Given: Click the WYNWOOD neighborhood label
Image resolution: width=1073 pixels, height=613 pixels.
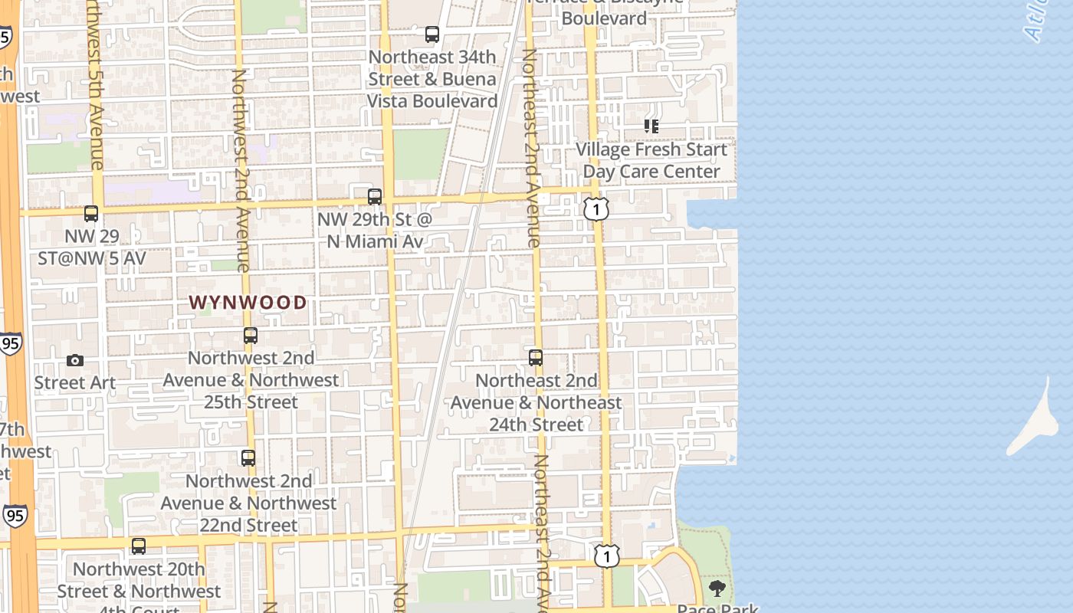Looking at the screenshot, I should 248,303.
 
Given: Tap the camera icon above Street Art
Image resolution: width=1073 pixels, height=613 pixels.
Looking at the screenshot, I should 75,360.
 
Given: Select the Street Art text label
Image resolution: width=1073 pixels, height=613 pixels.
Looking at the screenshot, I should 75,382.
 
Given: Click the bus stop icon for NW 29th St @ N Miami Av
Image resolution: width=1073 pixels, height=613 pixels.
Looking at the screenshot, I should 375,196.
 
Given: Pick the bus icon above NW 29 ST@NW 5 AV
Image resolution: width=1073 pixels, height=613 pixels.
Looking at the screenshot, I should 91,214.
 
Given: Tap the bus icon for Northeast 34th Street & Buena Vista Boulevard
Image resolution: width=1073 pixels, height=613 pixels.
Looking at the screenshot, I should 432,34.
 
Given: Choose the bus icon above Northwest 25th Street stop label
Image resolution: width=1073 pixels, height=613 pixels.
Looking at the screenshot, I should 251,335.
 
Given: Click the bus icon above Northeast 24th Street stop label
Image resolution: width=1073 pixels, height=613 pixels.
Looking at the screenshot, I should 536,357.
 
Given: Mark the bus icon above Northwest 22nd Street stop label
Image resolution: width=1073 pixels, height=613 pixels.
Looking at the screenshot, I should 248,458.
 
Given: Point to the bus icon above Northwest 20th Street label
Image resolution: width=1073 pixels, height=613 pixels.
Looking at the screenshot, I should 139,546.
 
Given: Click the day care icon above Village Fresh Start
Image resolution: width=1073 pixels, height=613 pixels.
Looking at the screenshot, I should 651,126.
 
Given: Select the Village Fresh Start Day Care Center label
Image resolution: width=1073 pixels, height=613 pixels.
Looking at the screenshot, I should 651,160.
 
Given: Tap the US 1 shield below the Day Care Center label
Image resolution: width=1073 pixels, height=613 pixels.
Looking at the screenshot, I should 596,208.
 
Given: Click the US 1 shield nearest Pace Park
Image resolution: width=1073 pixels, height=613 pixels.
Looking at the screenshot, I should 606,556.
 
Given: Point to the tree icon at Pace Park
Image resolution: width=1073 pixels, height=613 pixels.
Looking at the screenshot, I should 717,588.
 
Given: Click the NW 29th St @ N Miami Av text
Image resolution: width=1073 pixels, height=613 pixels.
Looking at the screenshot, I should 375,231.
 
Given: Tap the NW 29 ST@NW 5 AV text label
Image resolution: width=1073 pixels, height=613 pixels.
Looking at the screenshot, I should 92,247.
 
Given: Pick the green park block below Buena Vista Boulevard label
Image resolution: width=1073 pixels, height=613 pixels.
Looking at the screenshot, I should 421,154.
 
